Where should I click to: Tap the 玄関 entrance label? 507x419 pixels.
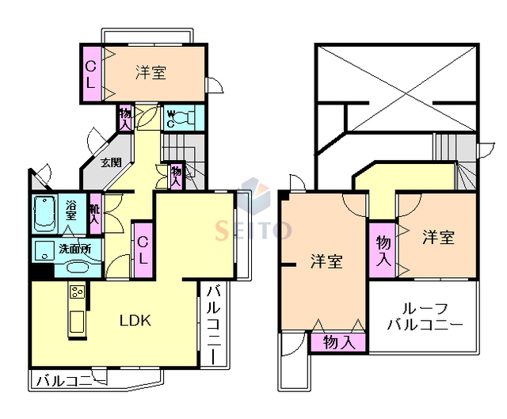tap(111, 163)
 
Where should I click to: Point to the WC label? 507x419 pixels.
tap(170, 118)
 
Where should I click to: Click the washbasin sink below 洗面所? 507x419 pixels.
tap(75, 267)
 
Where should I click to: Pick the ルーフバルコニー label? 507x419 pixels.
tap(425, 317)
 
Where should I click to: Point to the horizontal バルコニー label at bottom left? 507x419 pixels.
tap(70, 382)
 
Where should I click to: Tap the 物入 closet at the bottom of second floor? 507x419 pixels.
tap(339, 342)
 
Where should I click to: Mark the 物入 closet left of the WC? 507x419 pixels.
tap(125, 118)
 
